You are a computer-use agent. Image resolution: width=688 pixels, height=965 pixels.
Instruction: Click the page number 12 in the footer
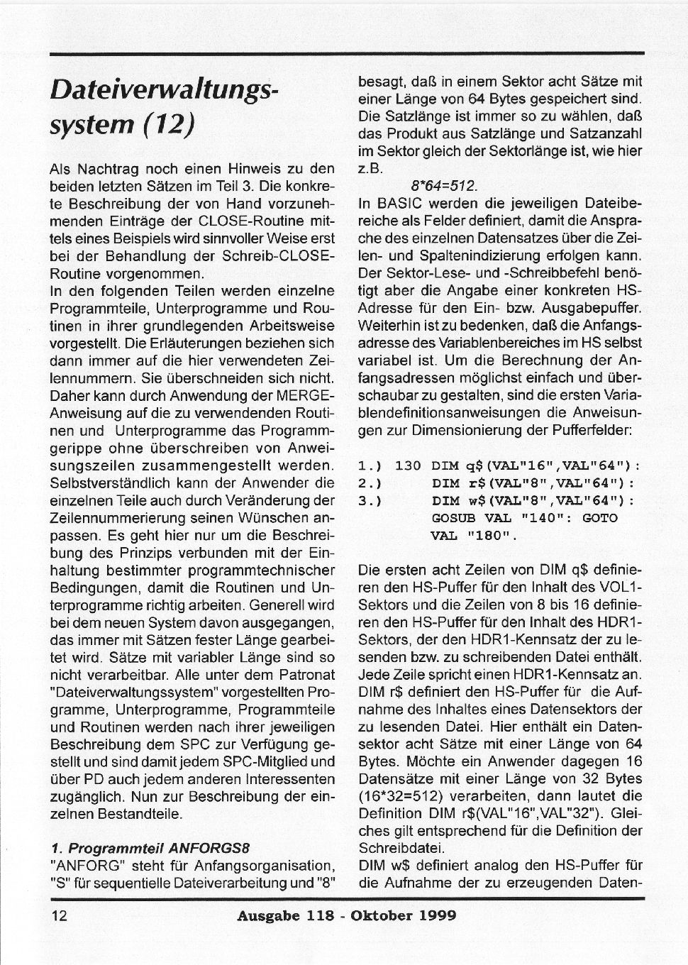coord(59,915)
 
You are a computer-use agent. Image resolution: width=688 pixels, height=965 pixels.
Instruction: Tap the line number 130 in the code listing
coord(408,466)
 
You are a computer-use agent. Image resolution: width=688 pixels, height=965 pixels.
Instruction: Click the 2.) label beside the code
coord(370,484)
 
